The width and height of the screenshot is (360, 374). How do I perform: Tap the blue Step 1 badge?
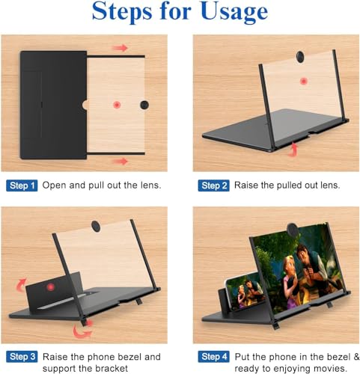tap(21, 185)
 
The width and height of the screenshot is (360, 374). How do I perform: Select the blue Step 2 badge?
tap(213, 185)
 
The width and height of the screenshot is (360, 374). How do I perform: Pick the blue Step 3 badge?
tap(21, 358)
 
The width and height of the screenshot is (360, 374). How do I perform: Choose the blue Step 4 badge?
tap(213, 358)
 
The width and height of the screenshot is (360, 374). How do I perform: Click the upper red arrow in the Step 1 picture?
tap(119, 48)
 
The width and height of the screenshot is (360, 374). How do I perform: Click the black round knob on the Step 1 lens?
tap(144, 105)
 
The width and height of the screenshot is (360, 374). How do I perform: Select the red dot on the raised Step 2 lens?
tap(303, 81)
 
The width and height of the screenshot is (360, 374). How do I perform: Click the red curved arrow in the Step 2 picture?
tap(293, 152)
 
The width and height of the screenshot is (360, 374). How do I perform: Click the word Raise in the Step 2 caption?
tap(248, 185)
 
